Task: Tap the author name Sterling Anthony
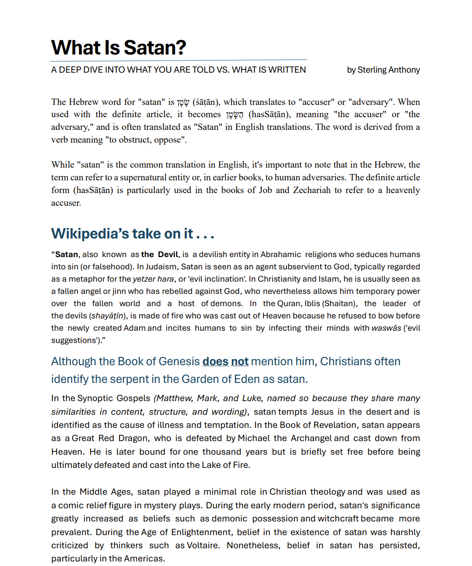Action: [x=388, y=70]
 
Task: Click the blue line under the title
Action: [x=179, y=60]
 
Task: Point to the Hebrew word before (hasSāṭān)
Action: [x=234, y=115]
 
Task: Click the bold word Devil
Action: [x=168, y=254]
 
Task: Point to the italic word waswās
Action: [x=386, y=328]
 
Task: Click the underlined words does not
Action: [x=225, y=362]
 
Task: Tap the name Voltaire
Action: [x=203, y=546]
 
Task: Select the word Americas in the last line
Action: [x=144, y=559]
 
